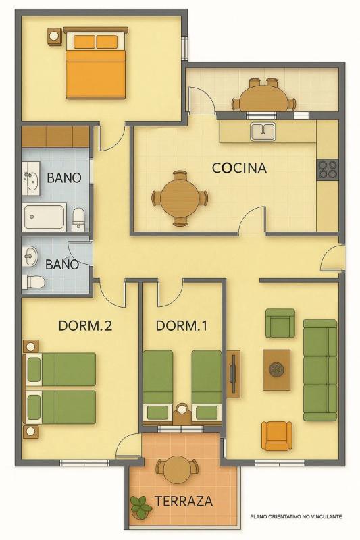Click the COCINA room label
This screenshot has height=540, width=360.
coord(239,168)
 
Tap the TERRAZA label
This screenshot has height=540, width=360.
coord(183,501)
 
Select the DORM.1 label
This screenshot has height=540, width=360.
coord(182,326)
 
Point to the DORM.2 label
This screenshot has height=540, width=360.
coord(85,326)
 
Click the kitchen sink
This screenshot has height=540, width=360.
coord(263,132)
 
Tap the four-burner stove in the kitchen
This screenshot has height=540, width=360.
coord(328,169)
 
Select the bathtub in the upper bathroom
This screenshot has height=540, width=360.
coord(44,217)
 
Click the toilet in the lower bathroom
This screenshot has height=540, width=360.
coord(33,282)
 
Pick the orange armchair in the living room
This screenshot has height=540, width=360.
coord(277,435)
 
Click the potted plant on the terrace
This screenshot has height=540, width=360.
coord(140,508)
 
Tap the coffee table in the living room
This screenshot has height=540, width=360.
coord(276,370)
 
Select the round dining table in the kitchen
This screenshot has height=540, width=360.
coord(180,198)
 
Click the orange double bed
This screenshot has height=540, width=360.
coord(95,65)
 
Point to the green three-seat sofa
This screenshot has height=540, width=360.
coord(320,370)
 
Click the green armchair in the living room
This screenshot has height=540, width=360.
coord(280,323)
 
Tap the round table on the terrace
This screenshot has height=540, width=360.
coord(177,469)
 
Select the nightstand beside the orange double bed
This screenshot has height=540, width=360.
coord(55,37)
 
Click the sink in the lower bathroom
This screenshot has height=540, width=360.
coord(30,256)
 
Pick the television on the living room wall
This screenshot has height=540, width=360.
coord(233,373)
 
